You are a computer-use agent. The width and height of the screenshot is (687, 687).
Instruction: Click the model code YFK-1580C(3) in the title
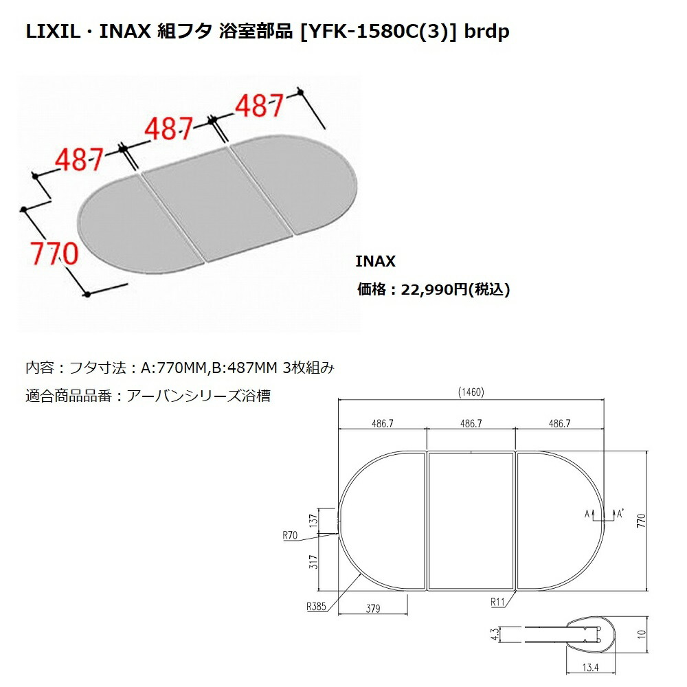pyautogui.click(x=378, y=32)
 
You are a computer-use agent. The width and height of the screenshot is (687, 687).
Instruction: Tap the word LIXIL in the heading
pyautogui.click(x=53, y=32)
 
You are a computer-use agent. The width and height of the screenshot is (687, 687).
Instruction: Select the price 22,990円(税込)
pyautogui.click(x=455, y=290)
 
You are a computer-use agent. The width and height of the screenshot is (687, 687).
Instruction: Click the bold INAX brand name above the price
pyautogui.click(x=376, y=262)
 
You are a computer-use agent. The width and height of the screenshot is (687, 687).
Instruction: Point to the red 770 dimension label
pyautogui.click(x=54, y=254)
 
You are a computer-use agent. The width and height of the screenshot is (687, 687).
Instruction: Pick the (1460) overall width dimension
pyautogui.click(x=471, y=392)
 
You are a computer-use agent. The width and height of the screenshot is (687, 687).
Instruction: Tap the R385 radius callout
pyautogui.click(x=316, y=607)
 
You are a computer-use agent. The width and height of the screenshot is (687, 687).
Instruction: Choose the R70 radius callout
pyautogui.click(x=290, y=535)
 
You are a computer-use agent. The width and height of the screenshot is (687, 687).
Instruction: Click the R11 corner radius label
pyautogui.click(x=497, y=602)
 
